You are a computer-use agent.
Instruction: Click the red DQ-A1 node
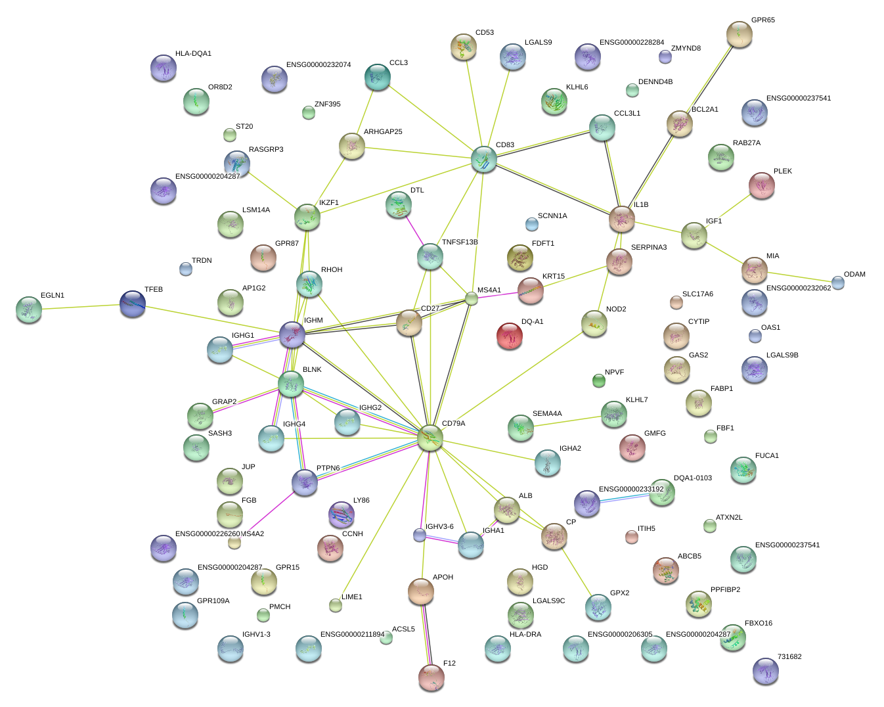[x=510, y=336]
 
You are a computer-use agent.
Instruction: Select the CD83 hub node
[x=484, y=160]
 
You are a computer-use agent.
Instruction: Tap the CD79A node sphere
[x=430, y=438]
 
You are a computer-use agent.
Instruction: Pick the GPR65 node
[x=740, y=34]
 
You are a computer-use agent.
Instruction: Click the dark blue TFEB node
[x=133, y=304]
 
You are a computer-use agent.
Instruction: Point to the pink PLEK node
[x=762, y=185]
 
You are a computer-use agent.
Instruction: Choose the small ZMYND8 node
[x=665, y=57]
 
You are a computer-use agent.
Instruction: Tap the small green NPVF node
[x=598, y=380]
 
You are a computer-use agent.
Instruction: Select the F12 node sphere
[x=431, y=677]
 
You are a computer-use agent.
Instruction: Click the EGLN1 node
[x=29, y=309]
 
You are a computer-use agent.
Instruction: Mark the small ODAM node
[x=838, y=283]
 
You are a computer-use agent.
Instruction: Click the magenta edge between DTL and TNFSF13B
[x=415, y=232]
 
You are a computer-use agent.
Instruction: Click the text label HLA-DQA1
[x=193, y=54]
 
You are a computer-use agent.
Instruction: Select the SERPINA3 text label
[x=648, y=248]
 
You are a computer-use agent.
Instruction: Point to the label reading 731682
[x=789, y=657]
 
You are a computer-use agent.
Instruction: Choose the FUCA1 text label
[x=766, y=456]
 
